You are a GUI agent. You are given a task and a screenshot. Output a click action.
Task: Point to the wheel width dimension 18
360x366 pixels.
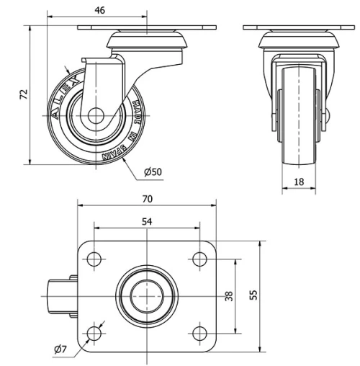(x=298, y=183)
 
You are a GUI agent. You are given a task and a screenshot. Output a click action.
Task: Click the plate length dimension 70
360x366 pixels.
(x=147, y=198)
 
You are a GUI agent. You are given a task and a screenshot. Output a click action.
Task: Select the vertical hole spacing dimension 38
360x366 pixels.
(x=229, y=295)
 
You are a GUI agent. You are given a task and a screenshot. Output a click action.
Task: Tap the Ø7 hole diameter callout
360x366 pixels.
(x=60, y=350)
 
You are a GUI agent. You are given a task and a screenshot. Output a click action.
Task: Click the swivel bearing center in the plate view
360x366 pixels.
(x=146, y=295)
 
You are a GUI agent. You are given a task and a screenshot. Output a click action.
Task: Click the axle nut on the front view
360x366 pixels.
(x=325, y=115)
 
